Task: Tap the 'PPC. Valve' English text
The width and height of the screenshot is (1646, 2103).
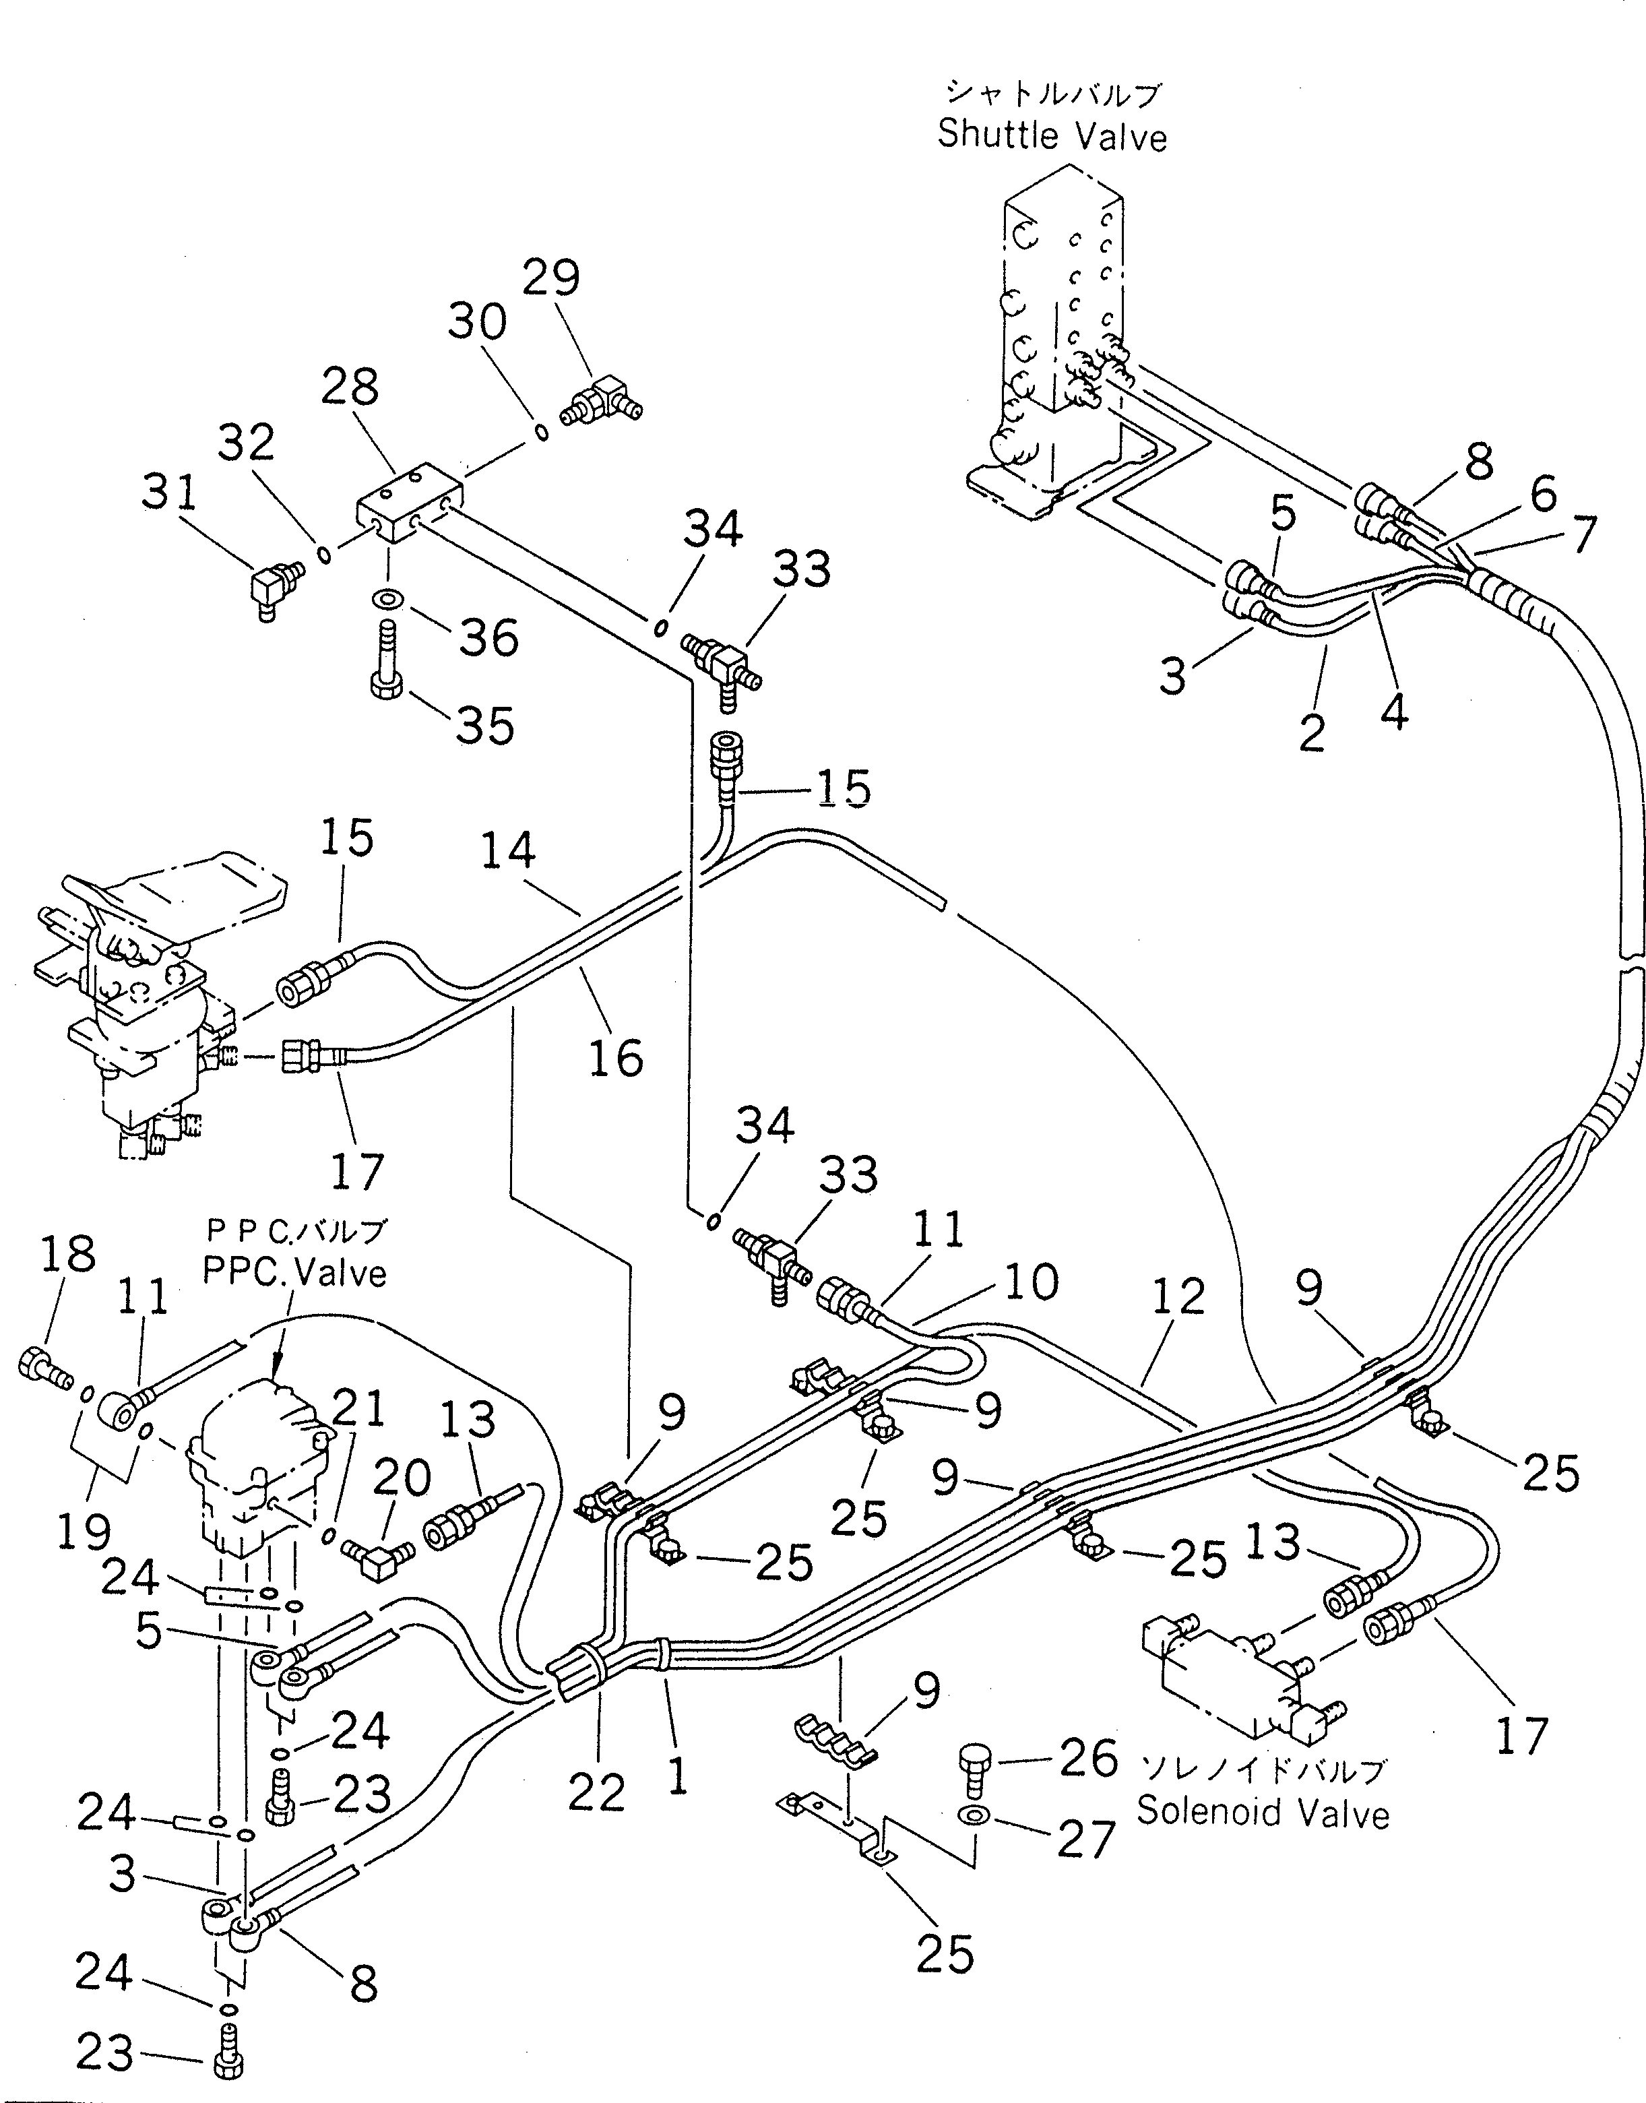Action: point(295,1273)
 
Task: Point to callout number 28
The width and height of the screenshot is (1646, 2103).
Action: point(350,387)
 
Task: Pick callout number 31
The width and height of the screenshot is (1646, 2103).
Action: point(170,493)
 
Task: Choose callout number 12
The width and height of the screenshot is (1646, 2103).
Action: point(1178,1296)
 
